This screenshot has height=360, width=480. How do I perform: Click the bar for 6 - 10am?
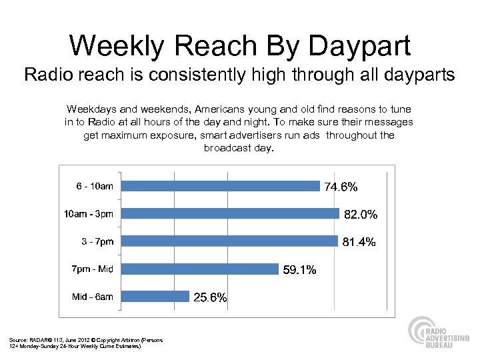coord(222,186)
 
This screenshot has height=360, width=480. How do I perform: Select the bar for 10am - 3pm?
coord(231,213)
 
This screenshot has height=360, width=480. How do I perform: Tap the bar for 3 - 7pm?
coord(231,241)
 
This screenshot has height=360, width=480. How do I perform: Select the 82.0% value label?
coord(361,215)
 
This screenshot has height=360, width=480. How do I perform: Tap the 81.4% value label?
coord(359,242)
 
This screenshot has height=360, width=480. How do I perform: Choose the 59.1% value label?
coord(299,270)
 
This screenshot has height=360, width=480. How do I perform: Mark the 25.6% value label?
coord(210,298)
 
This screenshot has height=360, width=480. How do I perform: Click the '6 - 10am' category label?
coord(94,186)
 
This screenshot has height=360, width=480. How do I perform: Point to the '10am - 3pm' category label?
coord(88,213)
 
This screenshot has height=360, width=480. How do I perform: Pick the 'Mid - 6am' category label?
coord(92,297)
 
